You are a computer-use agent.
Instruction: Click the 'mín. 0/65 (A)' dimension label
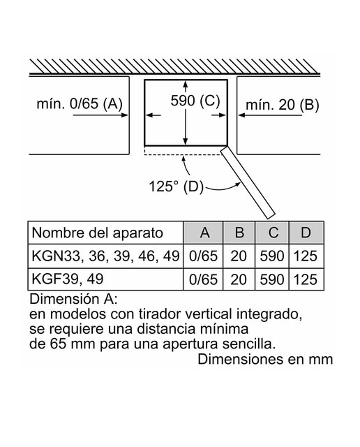[x=80, y=103]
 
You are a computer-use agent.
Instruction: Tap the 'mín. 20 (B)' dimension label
[x=283, y=105]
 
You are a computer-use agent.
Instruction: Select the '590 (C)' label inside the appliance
[x=195, y=101]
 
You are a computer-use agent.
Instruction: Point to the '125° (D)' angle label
[x=177, y=186]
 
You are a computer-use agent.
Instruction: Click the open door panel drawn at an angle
[x=248, y=182]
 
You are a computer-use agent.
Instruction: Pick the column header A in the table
[x=205, y=233]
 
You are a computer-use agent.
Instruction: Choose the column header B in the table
[x=239, y=233]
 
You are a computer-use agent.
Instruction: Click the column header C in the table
[x=273, y=233]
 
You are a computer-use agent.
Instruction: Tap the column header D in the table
[x=306, y=233]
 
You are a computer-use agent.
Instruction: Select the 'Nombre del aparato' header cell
[x=98, y=233]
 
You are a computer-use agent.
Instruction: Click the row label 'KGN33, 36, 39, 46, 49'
[x=105, y=256]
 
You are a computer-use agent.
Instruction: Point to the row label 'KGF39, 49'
[x=68, y=279]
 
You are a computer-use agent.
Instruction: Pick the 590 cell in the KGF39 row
[x=272, y=279]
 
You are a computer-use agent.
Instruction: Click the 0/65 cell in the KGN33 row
[x=203, y=256]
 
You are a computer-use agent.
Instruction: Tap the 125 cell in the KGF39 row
[x=306, y=279]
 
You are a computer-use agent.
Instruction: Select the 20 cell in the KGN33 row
[x=239, y=256]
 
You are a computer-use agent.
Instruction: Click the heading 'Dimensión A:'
[x=73, y=299]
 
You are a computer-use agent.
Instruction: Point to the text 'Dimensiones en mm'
[x=265, y=359]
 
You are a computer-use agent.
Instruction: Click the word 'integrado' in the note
[x=269, y=315]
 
